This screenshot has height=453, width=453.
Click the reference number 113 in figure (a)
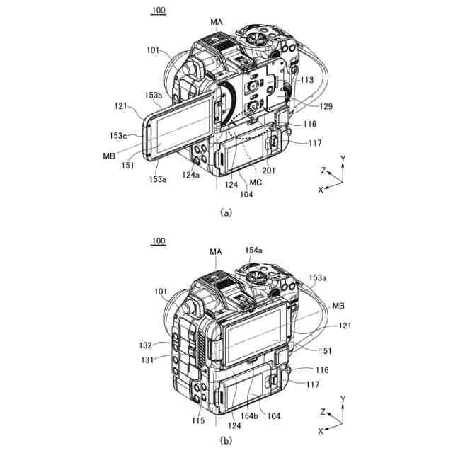(306, 79)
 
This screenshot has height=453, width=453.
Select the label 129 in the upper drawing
(326, 106)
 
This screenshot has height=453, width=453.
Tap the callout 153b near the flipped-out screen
(154, 95)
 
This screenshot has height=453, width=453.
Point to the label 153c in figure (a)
(118, 135)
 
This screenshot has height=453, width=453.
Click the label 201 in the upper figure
(269, 171)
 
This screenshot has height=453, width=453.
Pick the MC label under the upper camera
(256, 183)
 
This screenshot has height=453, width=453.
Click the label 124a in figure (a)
(190, 175)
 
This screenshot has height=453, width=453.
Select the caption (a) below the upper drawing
(226, 213)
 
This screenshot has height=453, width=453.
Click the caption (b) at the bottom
(226, 440)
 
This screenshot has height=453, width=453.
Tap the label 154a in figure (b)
(253, 250)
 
